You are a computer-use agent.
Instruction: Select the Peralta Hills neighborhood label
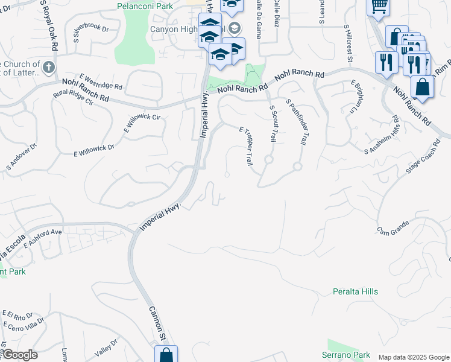click(x=355, y=291)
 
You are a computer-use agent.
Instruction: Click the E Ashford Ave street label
click(x=43, y=238)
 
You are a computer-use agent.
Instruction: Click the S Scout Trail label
click(x=273, y=124)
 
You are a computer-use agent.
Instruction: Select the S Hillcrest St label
click(x=348, y=43)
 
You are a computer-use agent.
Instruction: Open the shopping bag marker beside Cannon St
click(x=166, y=355)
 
